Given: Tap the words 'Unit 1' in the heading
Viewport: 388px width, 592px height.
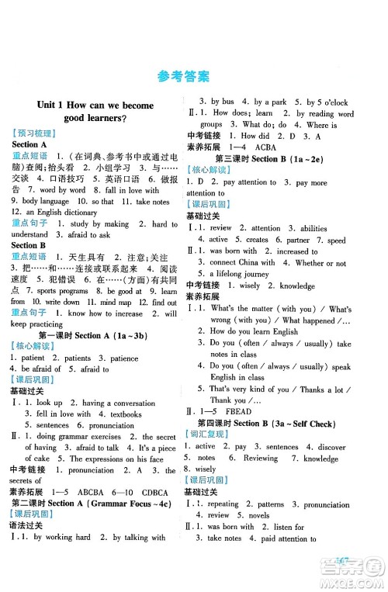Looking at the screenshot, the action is click(x=50, y=105).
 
